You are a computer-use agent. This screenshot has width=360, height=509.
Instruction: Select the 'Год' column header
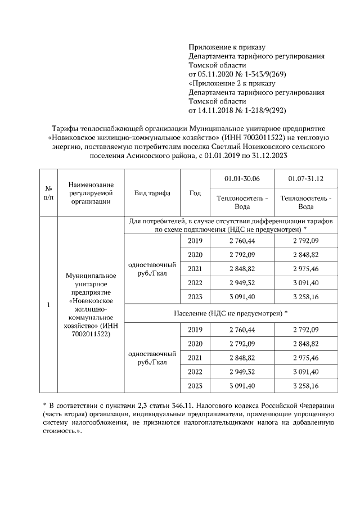click(195, 192)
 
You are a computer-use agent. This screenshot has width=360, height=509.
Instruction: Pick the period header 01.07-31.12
click(305, 178)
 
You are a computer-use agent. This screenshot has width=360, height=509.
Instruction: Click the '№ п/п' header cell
click(49, 192)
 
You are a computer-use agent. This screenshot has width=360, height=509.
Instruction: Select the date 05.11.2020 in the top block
click(217, 74)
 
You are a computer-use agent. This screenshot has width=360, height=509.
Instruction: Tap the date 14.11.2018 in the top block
click(217, 110)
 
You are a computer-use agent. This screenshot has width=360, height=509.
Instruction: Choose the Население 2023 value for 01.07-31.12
click(305, 386)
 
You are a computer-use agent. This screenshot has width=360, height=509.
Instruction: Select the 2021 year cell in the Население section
click(195, 358)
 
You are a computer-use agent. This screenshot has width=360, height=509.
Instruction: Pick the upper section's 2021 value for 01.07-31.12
click(305, 267)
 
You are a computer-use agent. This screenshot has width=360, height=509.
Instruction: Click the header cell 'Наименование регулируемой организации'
click(90, 192)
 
